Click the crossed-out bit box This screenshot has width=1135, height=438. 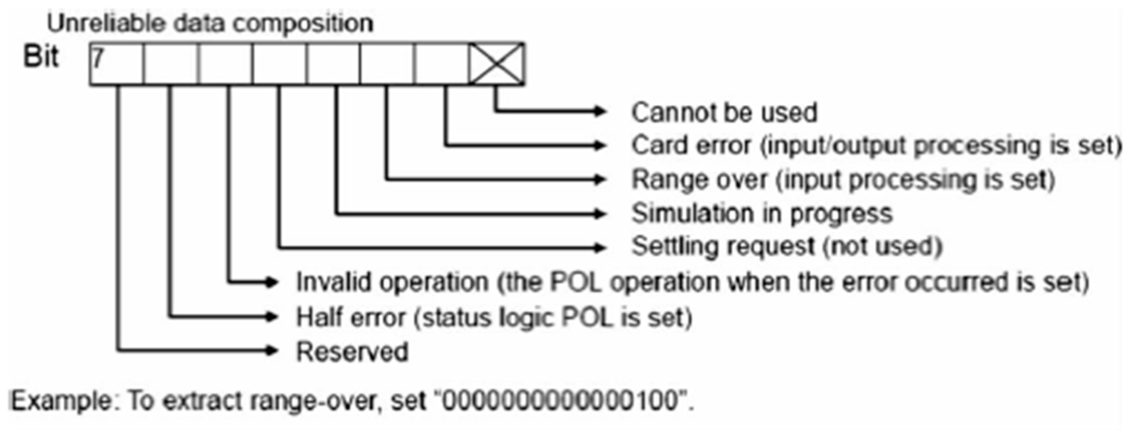pyautogui.click(x=497, y=63)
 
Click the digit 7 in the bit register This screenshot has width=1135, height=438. pyautogui.click(x=97, y=58)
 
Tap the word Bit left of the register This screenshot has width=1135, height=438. pyautogui.click(x=40, y=57)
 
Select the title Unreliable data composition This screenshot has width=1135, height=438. pyautogui.click(x=210, y=23)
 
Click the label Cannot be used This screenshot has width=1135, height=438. pyautogui.click(x=724, y=112)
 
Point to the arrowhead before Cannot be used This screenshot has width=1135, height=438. pyautogui.click(x=599, y=111)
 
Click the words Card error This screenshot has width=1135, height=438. pyautogui.click(x=690, y=145)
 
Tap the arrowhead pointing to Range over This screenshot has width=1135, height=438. pyautogui.click(x=599, y=179)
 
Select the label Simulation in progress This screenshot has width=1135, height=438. pyautogui.click(x=762, y=214)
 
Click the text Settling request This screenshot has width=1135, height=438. pyautogui.click(x=722, y=246)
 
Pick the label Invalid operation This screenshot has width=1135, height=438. pyautogui.click(x=392, y=282)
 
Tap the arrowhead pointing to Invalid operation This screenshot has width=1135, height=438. pyautogui.click(x=271, y=282)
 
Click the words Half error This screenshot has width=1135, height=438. pyautogui.click(x=350, y=317)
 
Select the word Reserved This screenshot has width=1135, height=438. pyautogui.click(x=352, y=352)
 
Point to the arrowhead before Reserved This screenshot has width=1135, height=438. pyautogui.click(x=271, y=351)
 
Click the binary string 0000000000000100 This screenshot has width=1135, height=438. pyautogui.click(x=560, y=401)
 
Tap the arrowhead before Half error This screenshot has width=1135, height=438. pyautogui.click(x=271, y=317)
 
